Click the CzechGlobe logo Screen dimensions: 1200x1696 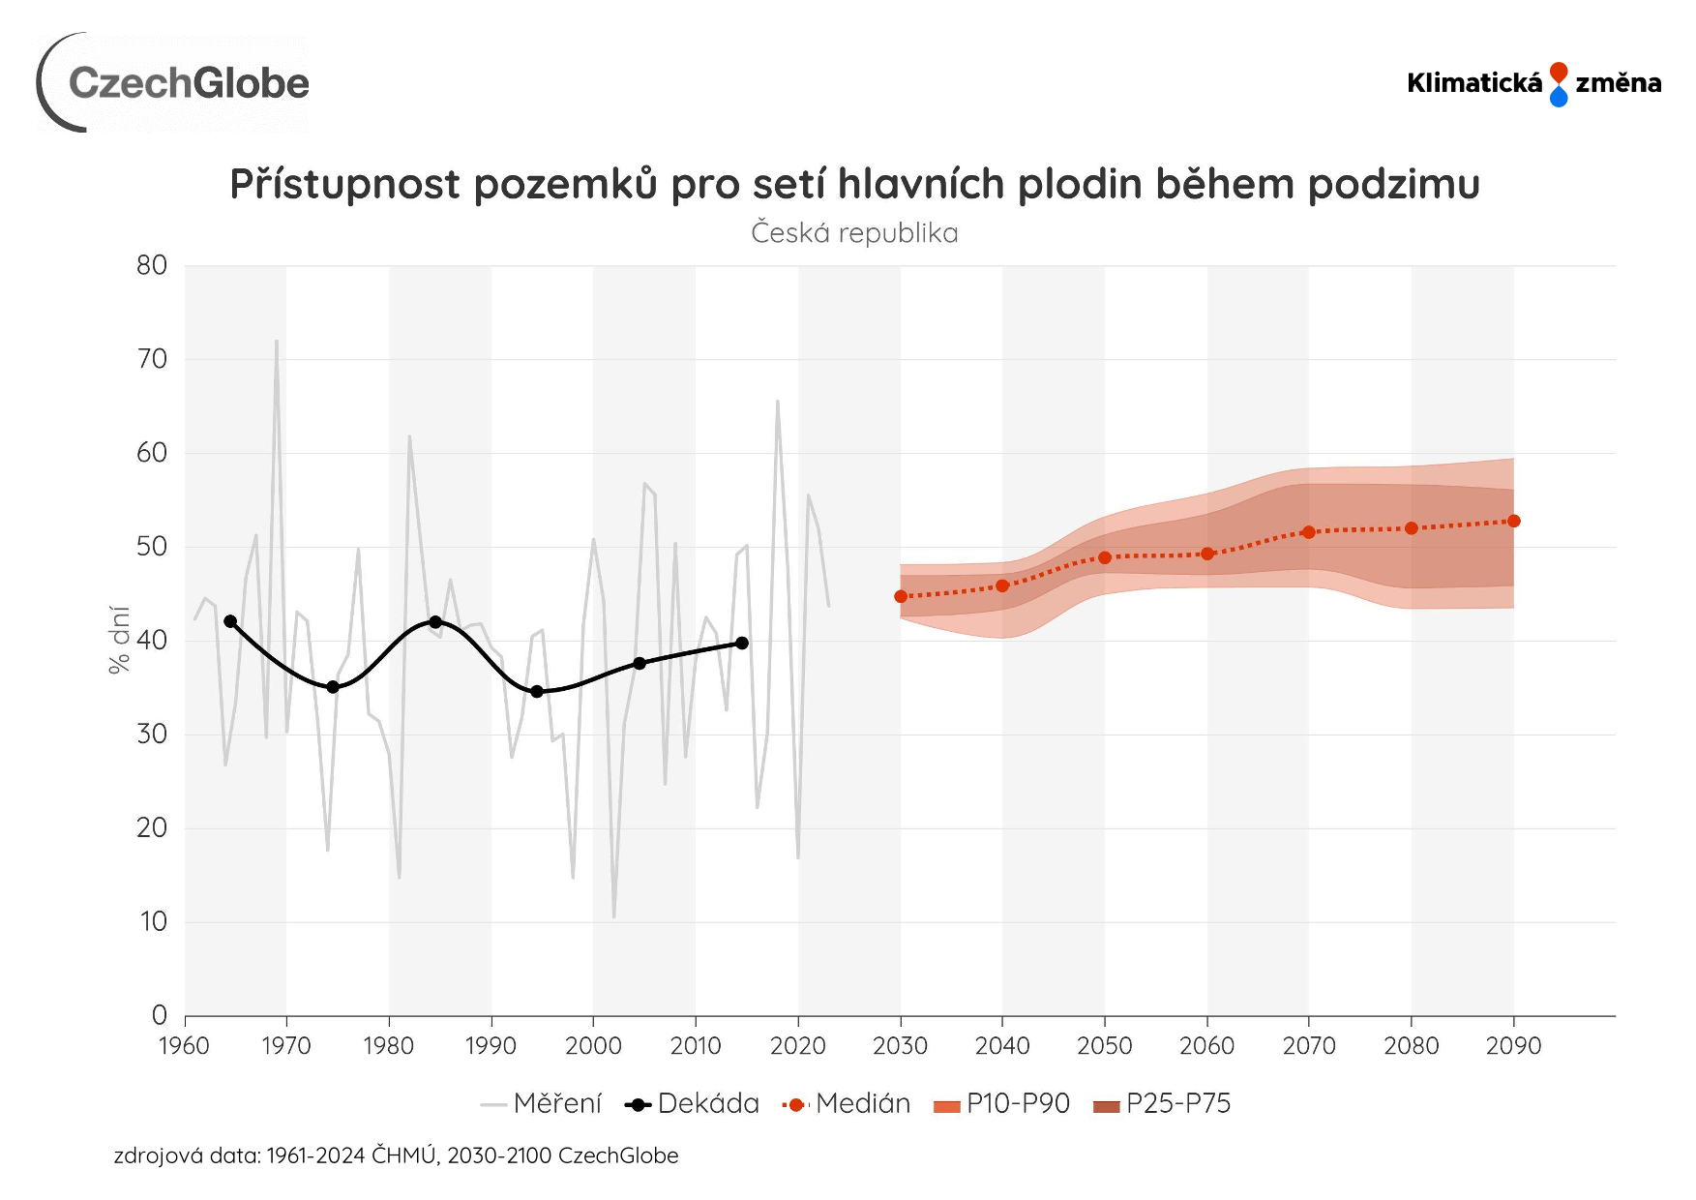(x=174, y=83)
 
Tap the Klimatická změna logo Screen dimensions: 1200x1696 (x=1533, y=83)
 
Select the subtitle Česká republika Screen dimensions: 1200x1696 (x=854, y=233)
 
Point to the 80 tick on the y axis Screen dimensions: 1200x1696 (x=152, y=265)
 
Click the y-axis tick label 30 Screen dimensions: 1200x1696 (x=152, y=735)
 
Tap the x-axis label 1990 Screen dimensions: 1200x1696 (x=491, y=1046)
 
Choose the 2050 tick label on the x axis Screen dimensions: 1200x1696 (x=1104, y=1046)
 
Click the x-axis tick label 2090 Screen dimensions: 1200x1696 (x=1513, y=1046)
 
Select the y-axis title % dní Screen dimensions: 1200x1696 (x=119, y=640)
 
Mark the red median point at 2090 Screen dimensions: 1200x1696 (x=1514, y=522)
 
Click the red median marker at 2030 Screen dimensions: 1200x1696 (x=901, y=597)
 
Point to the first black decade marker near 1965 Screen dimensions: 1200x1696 (x=230, y=621)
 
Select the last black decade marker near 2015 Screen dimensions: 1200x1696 (x=742, y=643)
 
